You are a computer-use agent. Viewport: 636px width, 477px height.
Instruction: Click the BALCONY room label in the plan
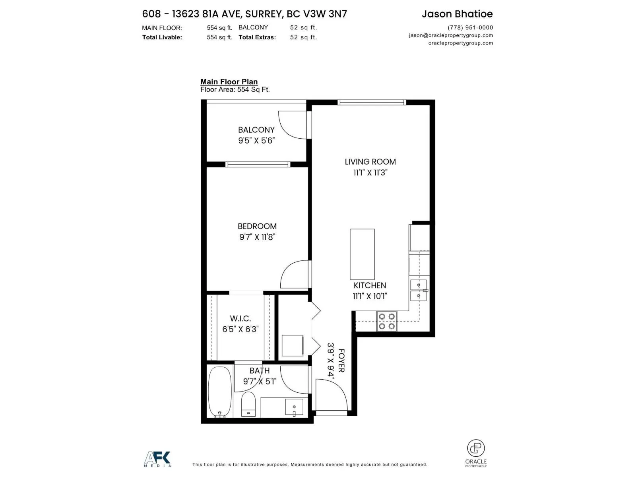coord(256,130)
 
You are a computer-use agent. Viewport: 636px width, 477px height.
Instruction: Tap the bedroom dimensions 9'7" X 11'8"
coord(257,237)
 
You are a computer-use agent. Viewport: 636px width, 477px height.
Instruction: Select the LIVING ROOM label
coord(370,162)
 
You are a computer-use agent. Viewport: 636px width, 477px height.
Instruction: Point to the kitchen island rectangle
coord(362,254)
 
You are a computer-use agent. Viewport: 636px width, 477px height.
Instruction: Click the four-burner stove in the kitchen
coord(386,321)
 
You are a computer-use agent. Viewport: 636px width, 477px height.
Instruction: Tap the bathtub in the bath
coord(220,392)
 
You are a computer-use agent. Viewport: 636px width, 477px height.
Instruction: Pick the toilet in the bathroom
coord(248,404)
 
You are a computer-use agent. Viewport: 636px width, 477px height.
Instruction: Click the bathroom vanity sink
coord(294,407)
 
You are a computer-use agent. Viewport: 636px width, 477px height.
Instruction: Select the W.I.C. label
coord(240,318)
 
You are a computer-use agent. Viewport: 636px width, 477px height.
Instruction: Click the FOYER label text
coord(341,361)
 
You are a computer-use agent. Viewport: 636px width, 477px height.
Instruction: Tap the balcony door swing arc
coord(292,125)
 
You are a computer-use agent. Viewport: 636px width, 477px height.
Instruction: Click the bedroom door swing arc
coord(294,274)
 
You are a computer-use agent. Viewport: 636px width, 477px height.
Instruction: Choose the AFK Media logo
coord(157,459)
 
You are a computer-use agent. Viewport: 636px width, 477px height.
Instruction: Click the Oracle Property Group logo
coord(475,453)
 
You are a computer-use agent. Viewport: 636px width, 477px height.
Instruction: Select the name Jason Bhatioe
coord(457,14)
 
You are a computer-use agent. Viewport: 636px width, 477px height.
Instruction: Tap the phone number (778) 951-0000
coord(470,27)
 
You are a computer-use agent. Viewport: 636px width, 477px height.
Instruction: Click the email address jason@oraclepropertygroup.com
coord(450,35)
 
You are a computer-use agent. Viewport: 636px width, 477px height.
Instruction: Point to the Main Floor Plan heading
coord(229,81)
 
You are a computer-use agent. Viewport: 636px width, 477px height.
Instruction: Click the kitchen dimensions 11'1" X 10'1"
coord(370,296)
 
